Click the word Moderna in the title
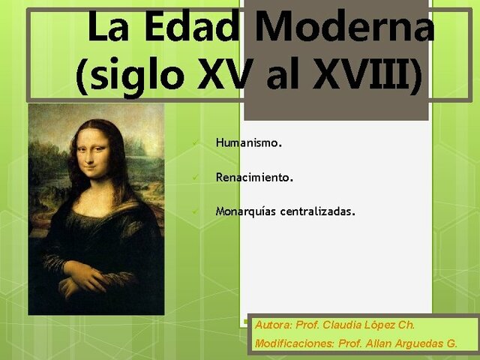click(x=344, y=28)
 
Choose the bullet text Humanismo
click(x=248, y=142)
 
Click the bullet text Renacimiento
click(x=254, y=178)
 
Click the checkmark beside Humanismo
click(x=195, y=142)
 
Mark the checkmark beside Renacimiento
click(x=195, y=178)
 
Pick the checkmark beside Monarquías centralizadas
click(x=195, y=213)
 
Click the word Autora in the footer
click(x=273, y=325)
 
